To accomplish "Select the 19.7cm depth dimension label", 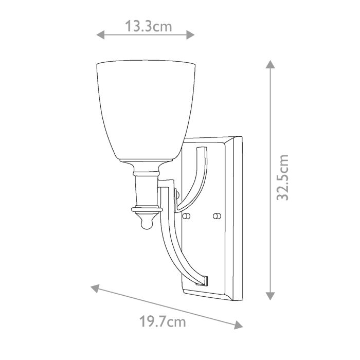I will tap(163, 322).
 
